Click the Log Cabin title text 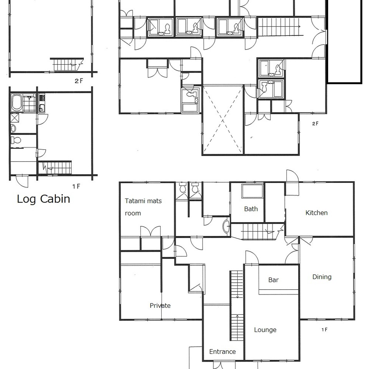tap(44, 199)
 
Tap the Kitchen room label tap(316, 213)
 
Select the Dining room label tap(322, 277)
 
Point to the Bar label tap(273, 280)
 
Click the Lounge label tap(265, 330)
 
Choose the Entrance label tap(223, 352)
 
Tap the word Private tap(160, 306)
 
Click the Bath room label tap(251, 209)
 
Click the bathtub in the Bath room tap(252, 191)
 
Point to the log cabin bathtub tap(17, 102)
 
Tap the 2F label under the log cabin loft tap(79, 81)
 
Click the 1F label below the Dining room tap(324, 330)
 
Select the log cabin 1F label tap(76, 186)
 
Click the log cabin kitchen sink tap(42, 108)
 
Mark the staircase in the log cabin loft tap(67, 64)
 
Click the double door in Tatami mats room tap(151, 231)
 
